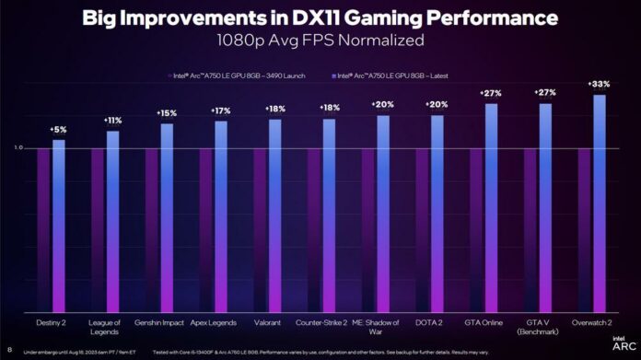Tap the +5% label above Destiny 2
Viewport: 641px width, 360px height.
(57, 130)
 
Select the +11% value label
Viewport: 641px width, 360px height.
(111, 121)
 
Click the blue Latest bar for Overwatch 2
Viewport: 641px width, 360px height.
(600, 203)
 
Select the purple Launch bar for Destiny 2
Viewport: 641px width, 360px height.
(43, 230)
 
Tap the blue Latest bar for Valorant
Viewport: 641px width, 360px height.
(274, 216)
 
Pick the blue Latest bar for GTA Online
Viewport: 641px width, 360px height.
(491, 207)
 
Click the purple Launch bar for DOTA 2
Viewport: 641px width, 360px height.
(423, 230)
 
